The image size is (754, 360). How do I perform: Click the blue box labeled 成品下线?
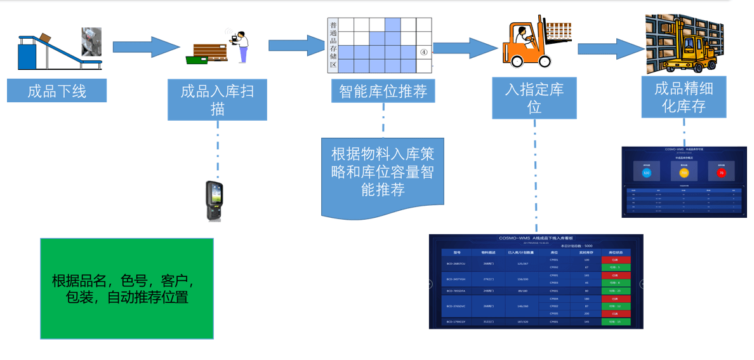(x=56, y=91)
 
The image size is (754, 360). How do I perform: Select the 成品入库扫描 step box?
(x=217, y=99)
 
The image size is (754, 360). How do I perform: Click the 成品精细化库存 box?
(x=684, y=97)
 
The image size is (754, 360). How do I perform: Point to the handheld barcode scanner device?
(x=214, y=201)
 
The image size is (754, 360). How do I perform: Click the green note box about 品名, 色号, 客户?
(x=127, y=289)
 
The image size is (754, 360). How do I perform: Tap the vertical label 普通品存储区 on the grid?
(x=333, y=44)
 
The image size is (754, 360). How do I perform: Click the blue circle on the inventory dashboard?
(x=647, y=172)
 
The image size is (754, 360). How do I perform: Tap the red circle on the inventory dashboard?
(x=721, y=172)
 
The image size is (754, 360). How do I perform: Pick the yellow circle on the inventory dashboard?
(x=684, y=172)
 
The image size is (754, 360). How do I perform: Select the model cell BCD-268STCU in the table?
(x=456, y=263)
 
